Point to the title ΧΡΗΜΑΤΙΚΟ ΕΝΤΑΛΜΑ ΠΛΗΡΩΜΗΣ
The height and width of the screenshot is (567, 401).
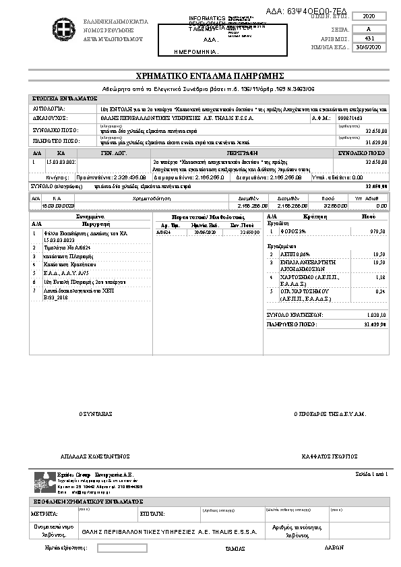202,75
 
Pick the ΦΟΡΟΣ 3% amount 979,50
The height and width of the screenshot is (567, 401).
378,231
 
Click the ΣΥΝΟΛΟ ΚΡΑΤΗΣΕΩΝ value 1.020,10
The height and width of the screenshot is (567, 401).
377,314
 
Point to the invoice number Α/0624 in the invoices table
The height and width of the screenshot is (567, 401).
163,231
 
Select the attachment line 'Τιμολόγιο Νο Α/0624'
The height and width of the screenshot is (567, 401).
67,248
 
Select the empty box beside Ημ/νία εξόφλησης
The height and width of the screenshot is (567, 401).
122,548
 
